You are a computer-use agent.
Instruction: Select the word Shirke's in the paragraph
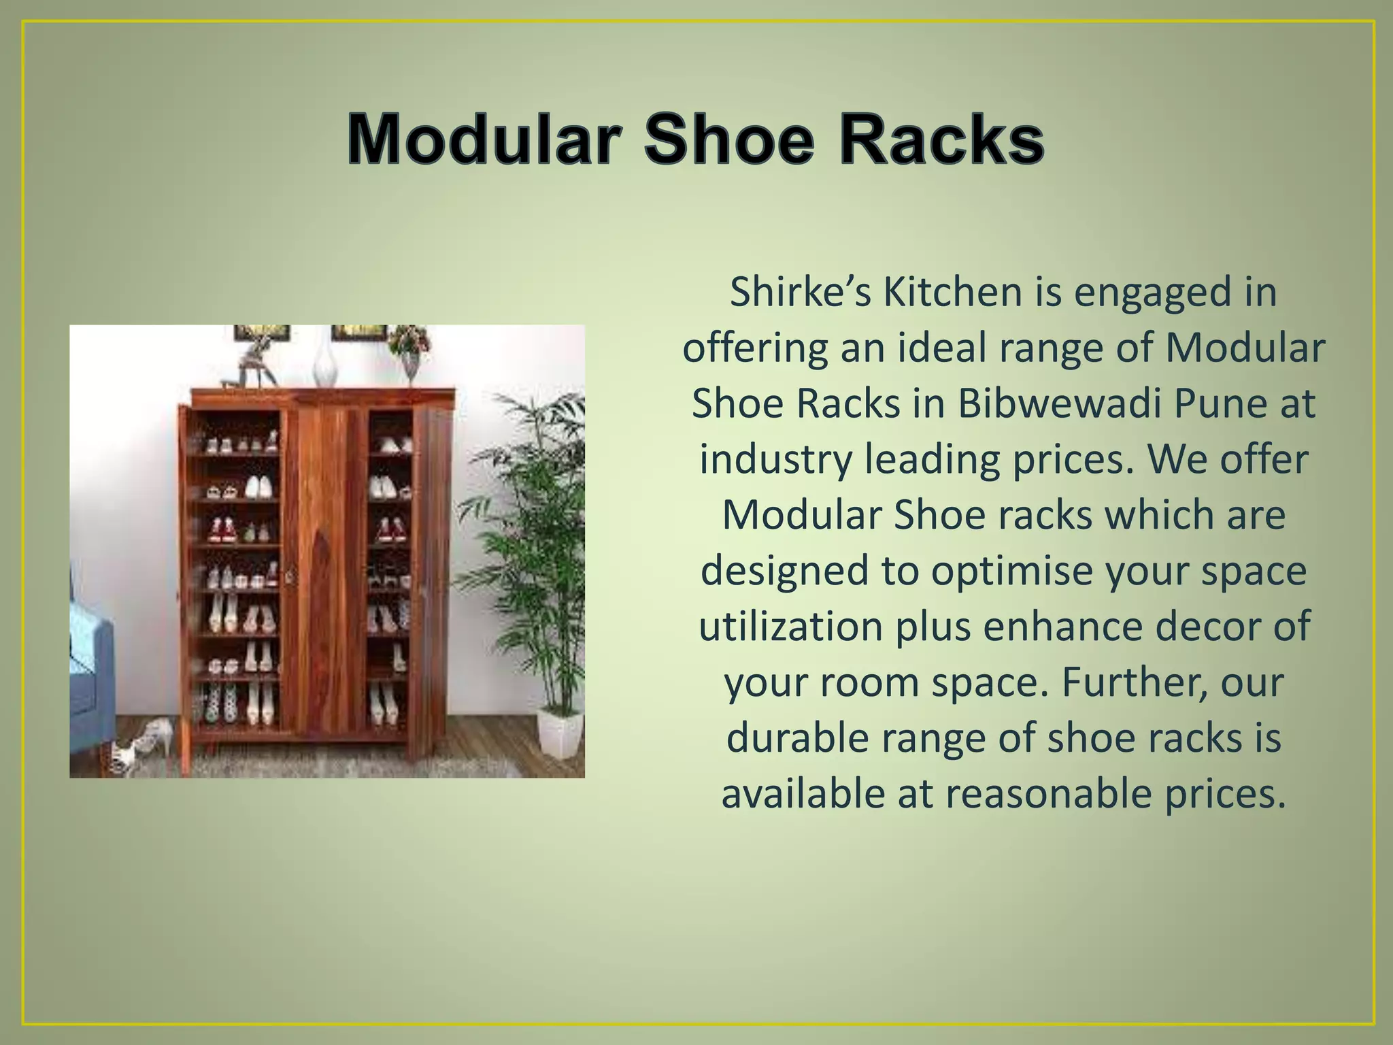800,293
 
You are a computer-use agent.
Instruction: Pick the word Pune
1210,403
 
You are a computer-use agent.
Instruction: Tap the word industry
776,460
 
